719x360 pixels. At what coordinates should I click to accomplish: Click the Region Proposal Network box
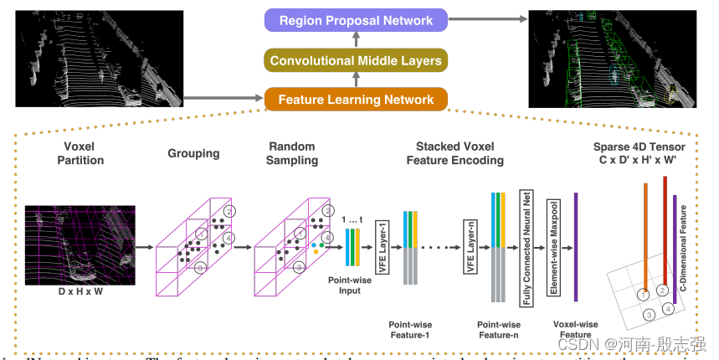tap(356, 20)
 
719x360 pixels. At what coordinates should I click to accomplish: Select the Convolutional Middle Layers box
tap(356, 60)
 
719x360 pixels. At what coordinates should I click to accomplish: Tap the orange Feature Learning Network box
tap(356, 100)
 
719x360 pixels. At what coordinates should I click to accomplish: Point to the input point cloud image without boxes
tap(99, 59)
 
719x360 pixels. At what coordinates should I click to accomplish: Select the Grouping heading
tap(193, 153)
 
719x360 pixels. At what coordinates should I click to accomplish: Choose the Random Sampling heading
tap(293, 153)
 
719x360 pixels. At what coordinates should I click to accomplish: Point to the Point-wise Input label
tap(343, 285)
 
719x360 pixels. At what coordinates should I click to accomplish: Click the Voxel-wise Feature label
tap(576, 329)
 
